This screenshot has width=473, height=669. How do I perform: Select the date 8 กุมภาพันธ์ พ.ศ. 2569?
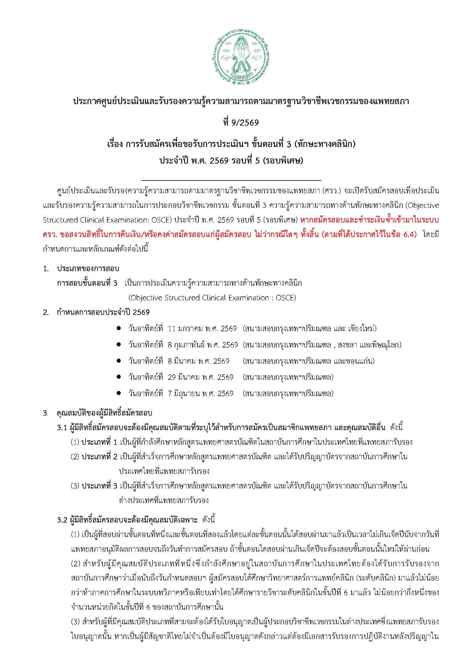pyautogui.click(x=203, y=345)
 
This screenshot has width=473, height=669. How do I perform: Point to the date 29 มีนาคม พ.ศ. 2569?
pyautogui.click(x=201, y=377)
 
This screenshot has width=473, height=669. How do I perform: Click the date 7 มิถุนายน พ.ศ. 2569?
pyautogui.click(x=201, y=394)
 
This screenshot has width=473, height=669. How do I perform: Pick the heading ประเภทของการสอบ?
pyautogui.click(x=88, y=268)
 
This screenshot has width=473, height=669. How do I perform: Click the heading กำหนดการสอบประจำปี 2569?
pyautogui.click(x=104, y=313)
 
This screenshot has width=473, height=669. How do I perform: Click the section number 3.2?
pyautogui.click(x=62, y=520)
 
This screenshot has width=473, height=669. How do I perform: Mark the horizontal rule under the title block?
pyautogui.click(x=231, y=181)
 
